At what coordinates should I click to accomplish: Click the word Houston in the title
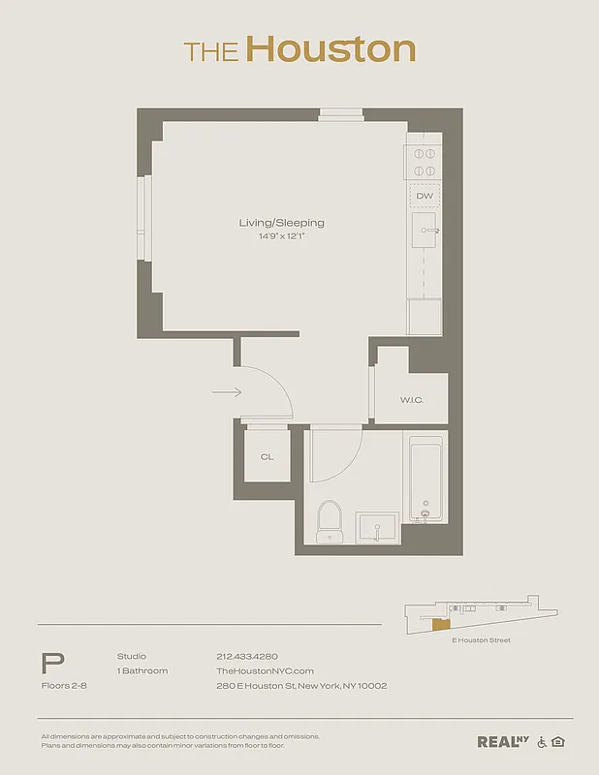330,49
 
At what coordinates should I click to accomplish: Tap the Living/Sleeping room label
282,223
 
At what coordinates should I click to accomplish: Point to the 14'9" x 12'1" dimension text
282,235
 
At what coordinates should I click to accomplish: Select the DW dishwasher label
424,196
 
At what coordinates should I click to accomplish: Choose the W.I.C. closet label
411,400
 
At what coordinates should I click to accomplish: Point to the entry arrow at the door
226,392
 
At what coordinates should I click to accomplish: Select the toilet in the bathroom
331,521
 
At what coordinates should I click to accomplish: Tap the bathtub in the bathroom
426,480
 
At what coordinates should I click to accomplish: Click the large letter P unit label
53,664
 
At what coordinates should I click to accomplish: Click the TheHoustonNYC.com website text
265,671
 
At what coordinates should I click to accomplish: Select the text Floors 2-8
63,686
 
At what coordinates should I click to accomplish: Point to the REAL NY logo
502,742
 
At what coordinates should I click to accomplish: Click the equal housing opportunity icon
557,742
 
